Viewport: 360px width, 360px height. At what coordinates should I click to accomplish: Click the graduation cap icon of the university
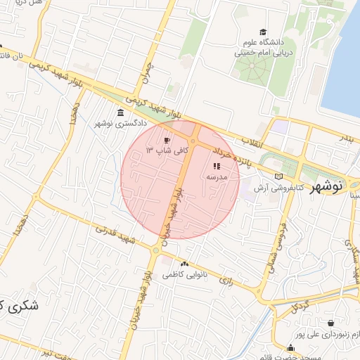(x=263, y=32)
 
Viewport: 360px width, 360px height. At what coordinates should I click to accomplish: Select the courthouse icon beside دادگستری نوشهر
(x=121, y=113)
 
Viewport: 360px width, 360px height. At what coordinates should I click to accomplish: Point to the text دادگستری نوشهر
(x=120, y=124)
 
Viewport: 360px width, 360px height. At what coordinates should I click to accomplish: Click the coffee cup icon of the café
(x=167, y=140)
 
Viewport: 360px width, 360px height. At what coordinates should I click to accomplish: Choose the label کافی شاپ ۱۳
(x=162, y=150)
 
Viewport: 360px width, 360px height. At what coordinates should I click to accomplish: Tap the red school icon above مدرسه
(x=216, y=167)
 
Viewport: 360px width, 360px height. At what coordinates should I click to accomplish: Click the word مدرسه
(x=215, y=177)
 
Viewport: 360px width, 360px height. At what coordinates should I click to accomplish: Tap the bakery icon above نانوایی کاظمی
(x=184, y=264)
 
